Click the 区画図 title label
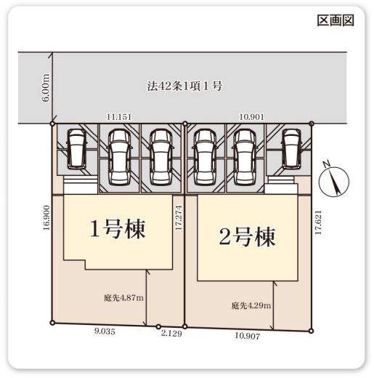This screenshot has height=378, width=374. tap(335, 20)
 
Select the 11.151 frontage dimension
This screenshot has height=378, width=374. tap(118, 116)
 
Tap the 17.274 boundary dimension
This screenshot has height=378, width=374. tap(178, 217)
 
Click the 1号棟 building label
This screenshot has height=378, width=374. tap(118, 229)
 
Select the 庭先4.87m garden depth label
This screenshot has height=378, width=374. tap(123, 297)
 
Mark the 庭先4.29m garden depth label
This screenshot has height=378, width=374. tap(251, 305)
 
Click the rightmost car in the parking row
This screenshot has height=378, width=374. tap(292, 148)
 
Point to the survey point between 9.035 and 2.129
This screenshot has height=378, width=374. tap(158, 326)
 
